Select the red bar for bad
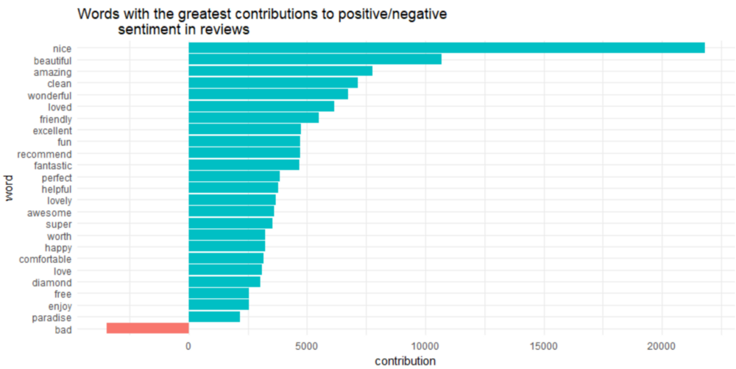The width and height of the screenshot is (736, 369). (148, 328)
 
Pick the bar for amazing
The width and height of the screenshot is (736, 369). (280, 71)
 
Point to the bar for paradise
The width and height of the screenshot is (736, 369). (214, 317)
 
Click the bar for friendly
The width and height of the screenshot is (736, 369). (253, 118)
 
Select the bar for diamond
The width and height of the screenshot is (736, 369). (224, 282)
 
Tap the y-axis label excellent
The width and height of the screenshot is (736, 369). (52, 130)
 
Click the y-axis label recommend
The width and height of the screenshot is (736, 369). (44, 154)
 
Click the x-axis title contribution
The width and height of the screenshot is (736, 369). (405, 361)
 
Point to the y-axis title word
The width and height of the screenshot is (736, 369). (9, 188)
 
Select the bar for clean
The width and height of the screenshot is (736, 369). (273, 83)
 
